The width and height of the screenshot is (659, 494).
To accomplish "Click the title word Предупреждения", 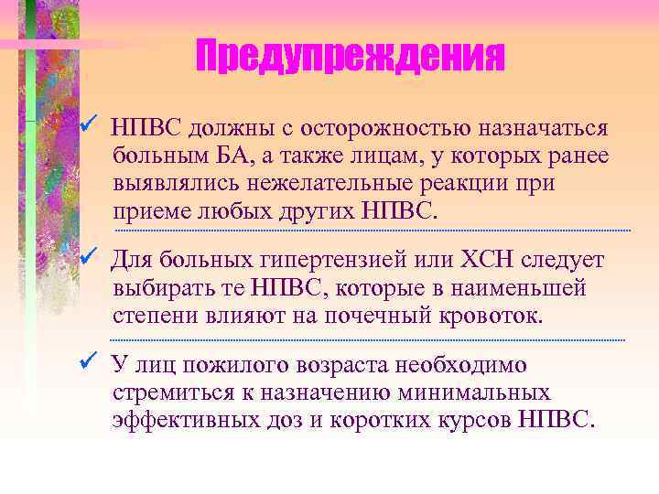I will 350,59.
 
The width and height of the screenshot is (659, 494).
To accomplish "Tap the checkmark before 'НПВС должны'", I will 88,123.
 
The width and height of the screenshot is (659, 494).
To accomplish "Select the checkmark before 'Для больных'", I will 88,259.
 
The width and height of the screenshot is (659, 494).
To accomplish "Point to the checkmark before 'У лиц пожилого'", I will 88,363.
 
